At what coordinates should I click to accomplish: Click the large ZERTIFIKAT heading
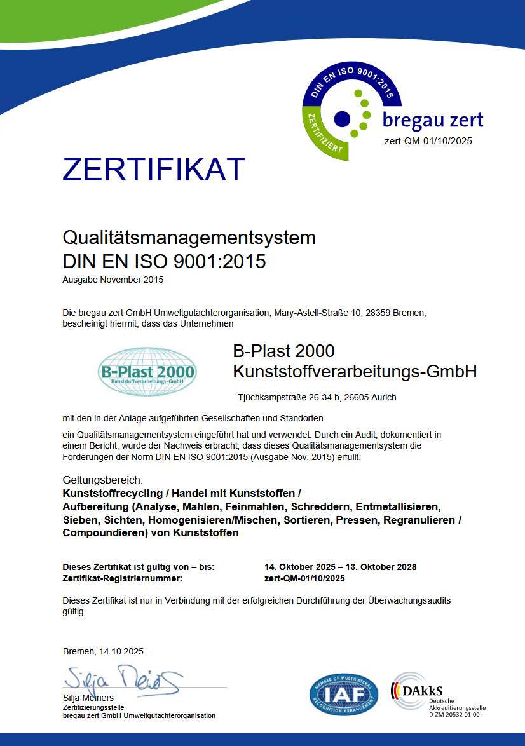(154, 170)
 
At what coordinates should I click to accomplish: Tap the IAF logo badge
(343, 695)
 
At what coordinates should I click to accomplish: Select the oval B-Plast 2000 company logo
(147, 372)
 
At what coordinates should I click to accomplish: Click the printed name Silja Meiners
(88, 698)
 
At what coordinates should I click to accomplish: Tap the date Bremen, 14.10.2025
(103, 651)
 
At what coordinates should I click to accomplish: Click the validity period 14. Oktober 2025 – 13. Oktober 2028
(340, 567)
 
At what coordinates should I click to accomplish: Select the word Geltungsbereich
(102, 479)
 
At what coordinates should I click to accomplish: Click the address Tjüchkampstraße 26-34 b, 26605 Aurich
(317, 397)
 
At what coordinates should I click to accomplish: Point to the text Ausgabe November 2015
(113, 280)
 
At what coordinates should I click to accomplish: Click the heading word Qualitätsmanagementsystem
(189, 238)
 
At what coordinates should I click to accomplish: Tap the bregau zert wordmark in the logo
(432, 119)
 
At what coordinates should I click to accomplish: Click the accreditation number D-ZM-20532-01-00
(454, 715)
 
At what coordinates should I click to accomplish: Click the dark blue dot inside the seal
(342, 118)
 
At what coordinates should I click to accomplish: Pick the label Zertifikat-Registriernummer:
(122, 578)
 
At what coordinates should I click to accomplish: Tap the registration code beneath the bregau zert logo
(428, 141)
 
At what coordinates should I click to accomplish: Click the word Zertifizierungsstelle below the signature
(93, 707)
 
